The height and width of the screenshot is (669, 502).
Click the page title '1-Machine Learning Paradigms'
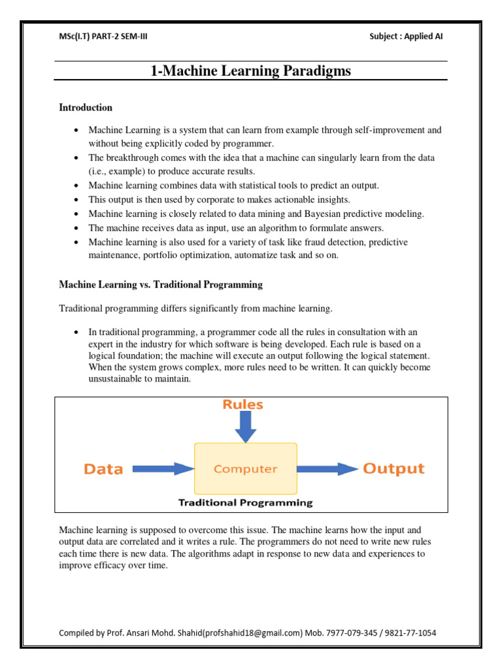tap(250, 71)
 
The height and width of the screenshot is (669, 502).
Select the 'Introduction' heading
tap(86, 107)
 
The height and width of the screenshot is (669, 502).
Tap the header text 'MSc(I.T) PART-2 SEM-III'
tap(103, 36)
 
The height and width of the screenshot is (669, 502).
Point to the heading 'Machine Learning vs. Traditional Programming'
tap(161, 285)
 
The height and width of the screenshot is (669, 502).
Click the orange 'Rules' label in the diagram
tap(243, 404)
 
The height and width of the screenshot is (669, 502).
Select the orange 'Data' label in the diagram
tap(103, 468)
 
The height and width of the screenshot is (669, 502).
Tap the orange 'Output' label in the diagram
tap(393, 468)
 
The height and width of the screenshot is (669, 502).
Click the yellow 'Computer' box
tap(246, 468)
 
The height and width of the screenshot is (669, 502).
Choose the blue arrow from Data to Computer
tap(163, 468)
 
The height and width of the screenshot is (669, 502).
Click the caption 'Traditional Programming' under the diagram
tap(246, 503)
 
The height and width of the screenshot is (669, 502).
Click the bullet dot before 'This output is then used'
tap(77, 200)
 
